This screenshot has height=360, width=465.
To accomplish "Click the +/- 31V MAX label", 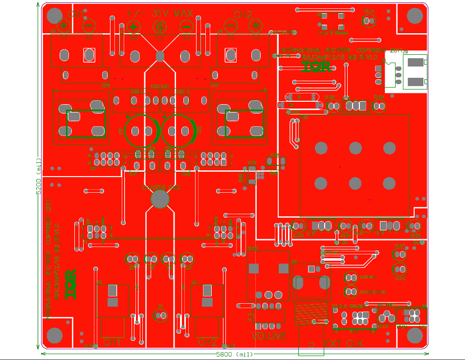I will (x=159, y=13).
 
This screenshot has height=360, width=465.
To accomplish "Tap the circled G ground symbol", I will (x=159, y=27).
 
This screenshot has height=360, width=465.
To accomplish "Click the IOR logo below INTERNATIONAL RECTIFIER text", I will (x=315, y=67).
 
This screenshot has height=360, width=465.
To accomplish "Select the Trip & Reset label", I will (x=332, y=33).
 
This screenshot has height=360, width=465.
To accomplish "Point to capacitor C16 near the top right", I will (x=368, y=20).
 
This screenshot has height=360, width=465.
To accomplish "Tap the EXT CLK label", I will (x=347, y=343).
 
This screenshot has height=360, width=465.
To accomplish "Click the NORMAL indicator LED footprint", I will (x=351, y=278).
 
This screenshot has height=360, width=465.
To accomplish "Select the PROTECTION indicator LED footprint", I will (x=351, y=292).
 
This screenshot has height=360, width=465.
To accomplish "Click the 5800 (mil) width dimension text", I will (x=233, y=354).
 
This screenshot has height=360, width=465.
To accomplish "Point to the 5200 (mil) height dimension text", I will (x=38, y=177).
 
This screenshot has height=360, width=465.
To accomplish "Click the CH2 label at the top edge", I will (x=243, y=14).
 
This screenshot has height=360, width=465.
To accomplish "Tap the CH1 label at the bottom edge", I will (x=111, y=342).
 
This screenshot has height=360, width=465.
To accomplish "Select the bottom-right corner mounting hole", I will (x=414, y=336).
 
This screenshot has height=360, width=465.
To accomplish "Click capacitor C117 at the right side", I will (x=399, y=254).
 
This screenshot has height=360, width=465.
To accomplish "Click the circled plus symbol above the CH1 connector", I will (x=64, y=26).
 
